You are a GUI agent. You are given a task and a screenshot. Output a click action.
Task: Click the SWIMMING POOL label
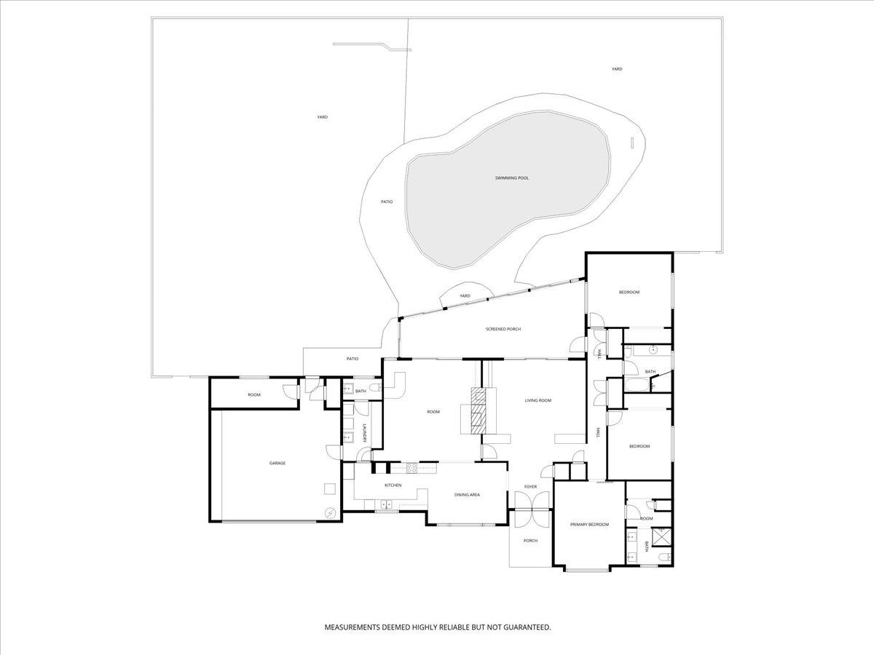[512, 178]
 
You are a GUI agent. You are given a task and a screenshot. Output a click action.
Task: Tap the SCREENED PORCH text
[503, 329]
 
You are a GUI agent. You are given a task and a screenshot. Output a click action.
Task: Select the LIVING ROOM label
[538, 400]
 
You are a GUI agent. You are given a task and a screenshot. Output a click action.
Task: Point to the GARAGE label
[277, 463]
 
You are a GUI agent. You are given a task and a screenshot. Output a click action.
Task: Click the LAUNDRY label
[364, 434]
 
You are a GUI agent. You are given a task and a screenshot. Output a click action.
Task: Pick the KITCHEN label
[393, 485]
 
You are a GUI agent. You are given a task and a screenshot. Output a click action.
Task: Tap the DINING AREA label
[467, 495]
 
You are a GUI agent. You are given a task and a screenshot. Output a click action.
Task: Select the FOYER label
[530, 487]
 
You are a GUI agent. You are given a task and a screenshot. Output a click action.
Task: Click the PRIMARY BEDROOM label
[590, 525]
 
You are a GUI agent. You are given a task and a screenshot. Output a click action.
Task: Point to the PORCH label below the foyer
[530, 541]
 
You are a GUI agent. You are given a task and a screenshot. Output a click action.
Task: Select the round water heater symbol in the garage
[330, 513]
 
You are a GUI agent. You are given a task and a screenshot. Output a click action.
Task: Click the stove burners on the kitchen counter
[412, 468]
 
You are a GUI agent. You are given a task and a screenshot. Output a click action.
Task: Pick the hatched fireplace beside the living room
[479, 410]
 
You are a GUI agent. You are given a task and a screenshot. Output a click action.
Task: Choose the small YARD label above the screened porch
[465, 296]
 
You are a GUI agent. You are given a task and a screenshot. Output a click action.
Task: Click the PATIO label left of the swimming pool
[387, 202]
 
